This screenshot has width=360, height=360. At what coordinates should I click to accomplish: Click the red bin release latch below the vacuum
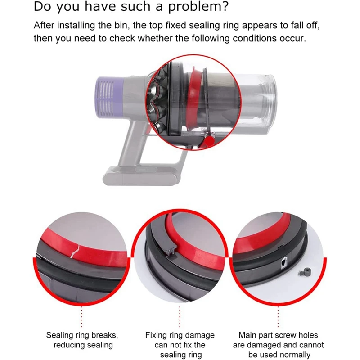(x=208, y=142)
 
